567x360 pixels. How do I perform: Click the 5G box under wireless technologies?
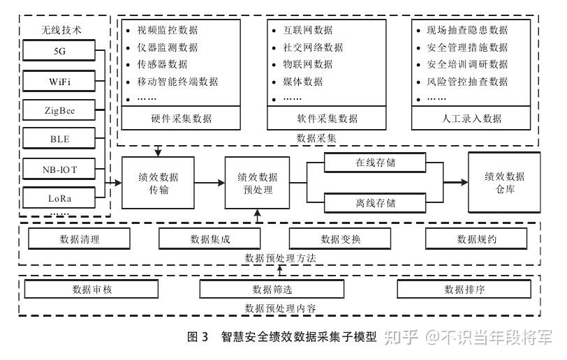pos(59,51)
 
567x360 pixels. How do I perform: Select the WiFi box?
pos(59,81)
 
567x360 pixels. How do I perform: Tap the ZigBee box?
pos(59,110)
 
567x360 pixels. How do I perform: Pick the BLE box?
pos(59,139)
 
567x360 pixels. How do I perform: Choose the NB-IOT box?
pos(59,168)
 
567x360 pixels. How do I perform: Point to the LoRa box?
pos(59,197)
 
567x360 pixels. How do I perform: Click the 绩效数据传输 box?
pos(159,183)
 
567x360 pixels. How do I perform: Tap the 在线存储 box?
pos(375,163)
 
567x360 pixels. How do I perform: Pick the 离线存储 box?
pos(375,203)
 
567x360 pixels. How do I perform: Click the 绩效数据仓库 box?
pos(504,183)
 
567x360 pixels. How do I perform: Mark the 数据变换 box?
pos(340,239)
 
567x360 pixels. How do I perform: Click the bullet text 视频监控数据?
pos(168,31)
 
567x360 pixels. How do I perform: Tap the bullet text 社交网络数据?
pos(313,47)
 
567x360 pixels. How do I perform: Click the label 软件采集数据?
pos(327,118)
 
